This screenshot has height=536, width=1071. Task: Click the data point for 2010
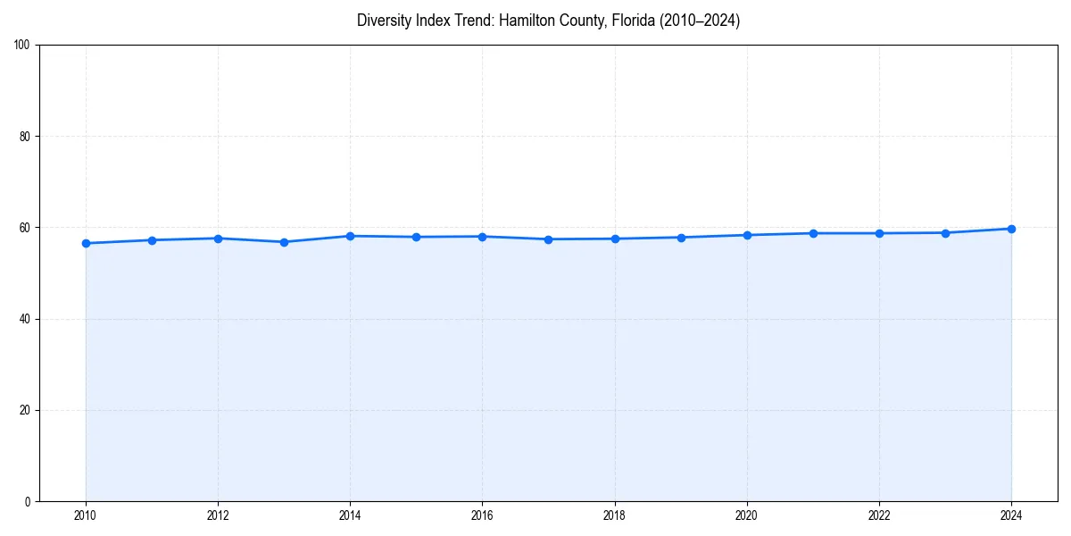[86, 243]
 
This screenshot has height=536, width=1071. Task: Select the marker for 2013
[284, 242]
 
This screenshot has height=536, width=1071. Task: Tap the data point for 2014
[350, 236]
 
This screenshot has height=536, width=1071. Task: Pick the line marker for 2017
[548, 239]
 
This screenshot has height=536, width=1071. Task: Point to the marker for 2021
[813, 233]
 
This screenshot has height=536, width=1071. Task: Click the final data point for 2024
[1011, 229]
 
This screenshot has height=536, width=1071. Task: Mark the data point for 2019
[681, 238]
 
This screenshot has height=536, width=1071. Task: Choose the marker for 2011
[152, 240]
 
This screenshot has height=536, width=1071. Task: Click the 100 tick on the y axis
[23, 46]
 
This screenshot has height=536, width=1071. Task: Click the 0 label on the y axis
[29, 501]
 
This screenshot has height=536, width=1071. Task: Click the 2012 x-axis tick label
[218, 515]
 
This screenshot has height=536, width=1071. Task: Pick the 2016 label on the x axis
[482, 515]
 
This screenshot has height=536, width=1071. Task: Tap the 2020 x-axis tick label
[747, 515]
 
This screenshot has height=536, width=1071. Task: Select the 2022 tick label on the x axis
[879, 515]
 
